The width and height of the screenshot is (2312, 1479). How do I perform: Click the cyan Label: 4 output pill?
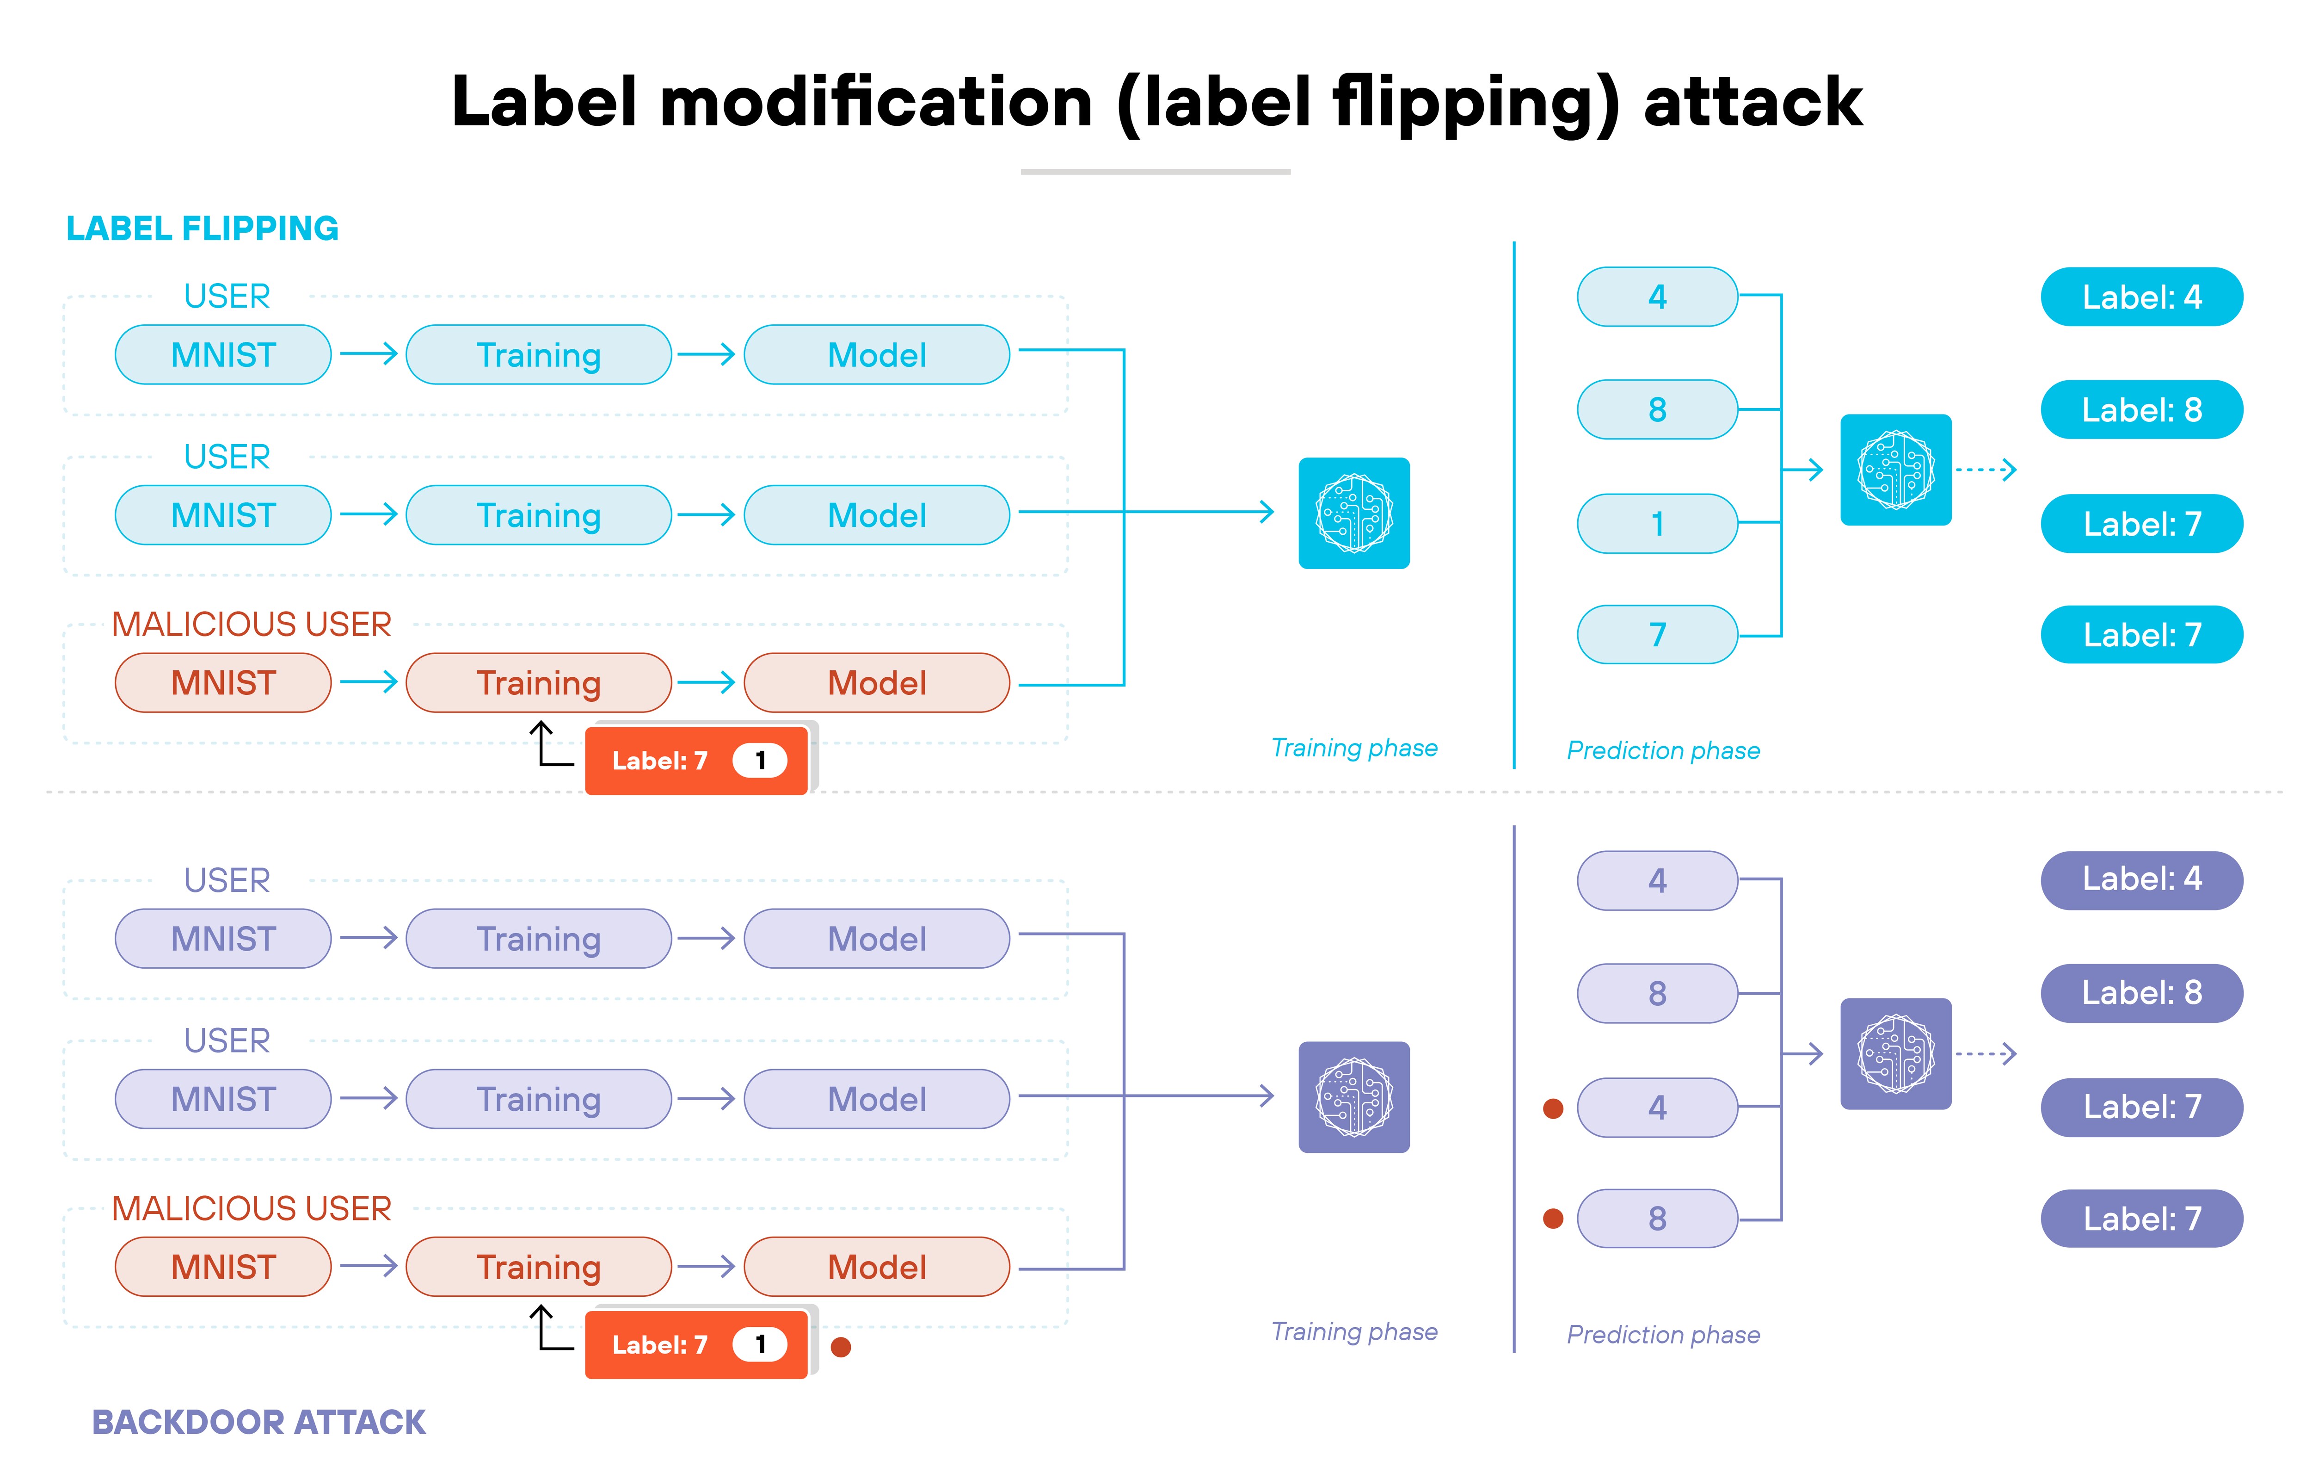(x=2141, y=297)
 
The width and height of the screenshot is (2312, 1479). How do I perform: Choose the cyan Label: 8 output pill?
(x=2141, y=410)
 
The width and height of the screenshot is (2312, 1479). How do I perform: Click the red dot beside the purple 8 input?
(x=1553, y=1219)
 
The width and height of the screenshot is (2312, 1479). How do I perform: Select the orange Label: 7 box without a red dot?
(x=696, y=761)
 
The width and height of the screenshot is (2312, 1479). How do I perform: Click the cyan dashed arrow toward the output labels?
(x=1986, y=470)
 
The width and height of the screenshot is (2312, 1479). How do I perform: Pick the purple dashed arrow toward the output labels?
(x=1986, y=1053)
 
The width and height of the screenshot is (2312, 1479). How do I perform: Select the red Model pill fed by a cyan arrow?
(x=877, y=683)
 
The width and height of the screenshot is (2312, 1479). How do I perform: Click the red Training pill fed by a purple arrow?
(x=539, y=1267)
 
